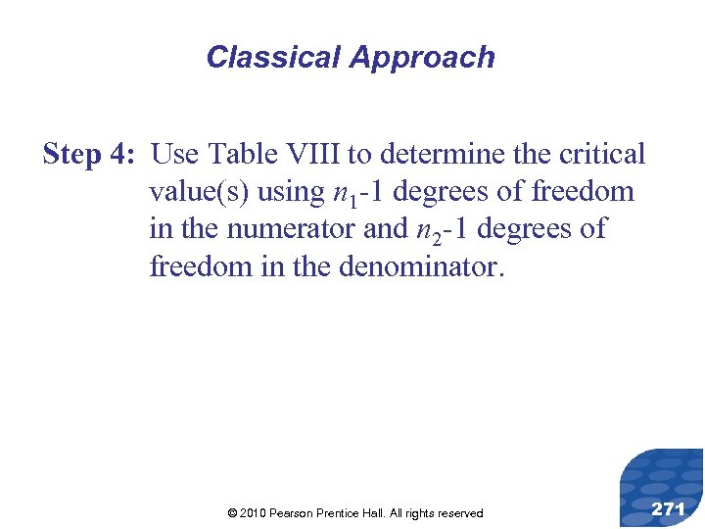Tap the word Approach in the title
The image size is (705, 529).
[x=422, y=58]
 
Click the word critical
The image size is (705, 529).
[x=600, y=155]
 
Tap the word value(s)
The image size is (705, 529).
[x=199, y=192]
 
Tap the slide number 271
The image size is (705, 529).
[x=668, y=508]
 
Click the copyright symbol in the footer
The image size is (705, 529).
[x=231, y=513]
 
